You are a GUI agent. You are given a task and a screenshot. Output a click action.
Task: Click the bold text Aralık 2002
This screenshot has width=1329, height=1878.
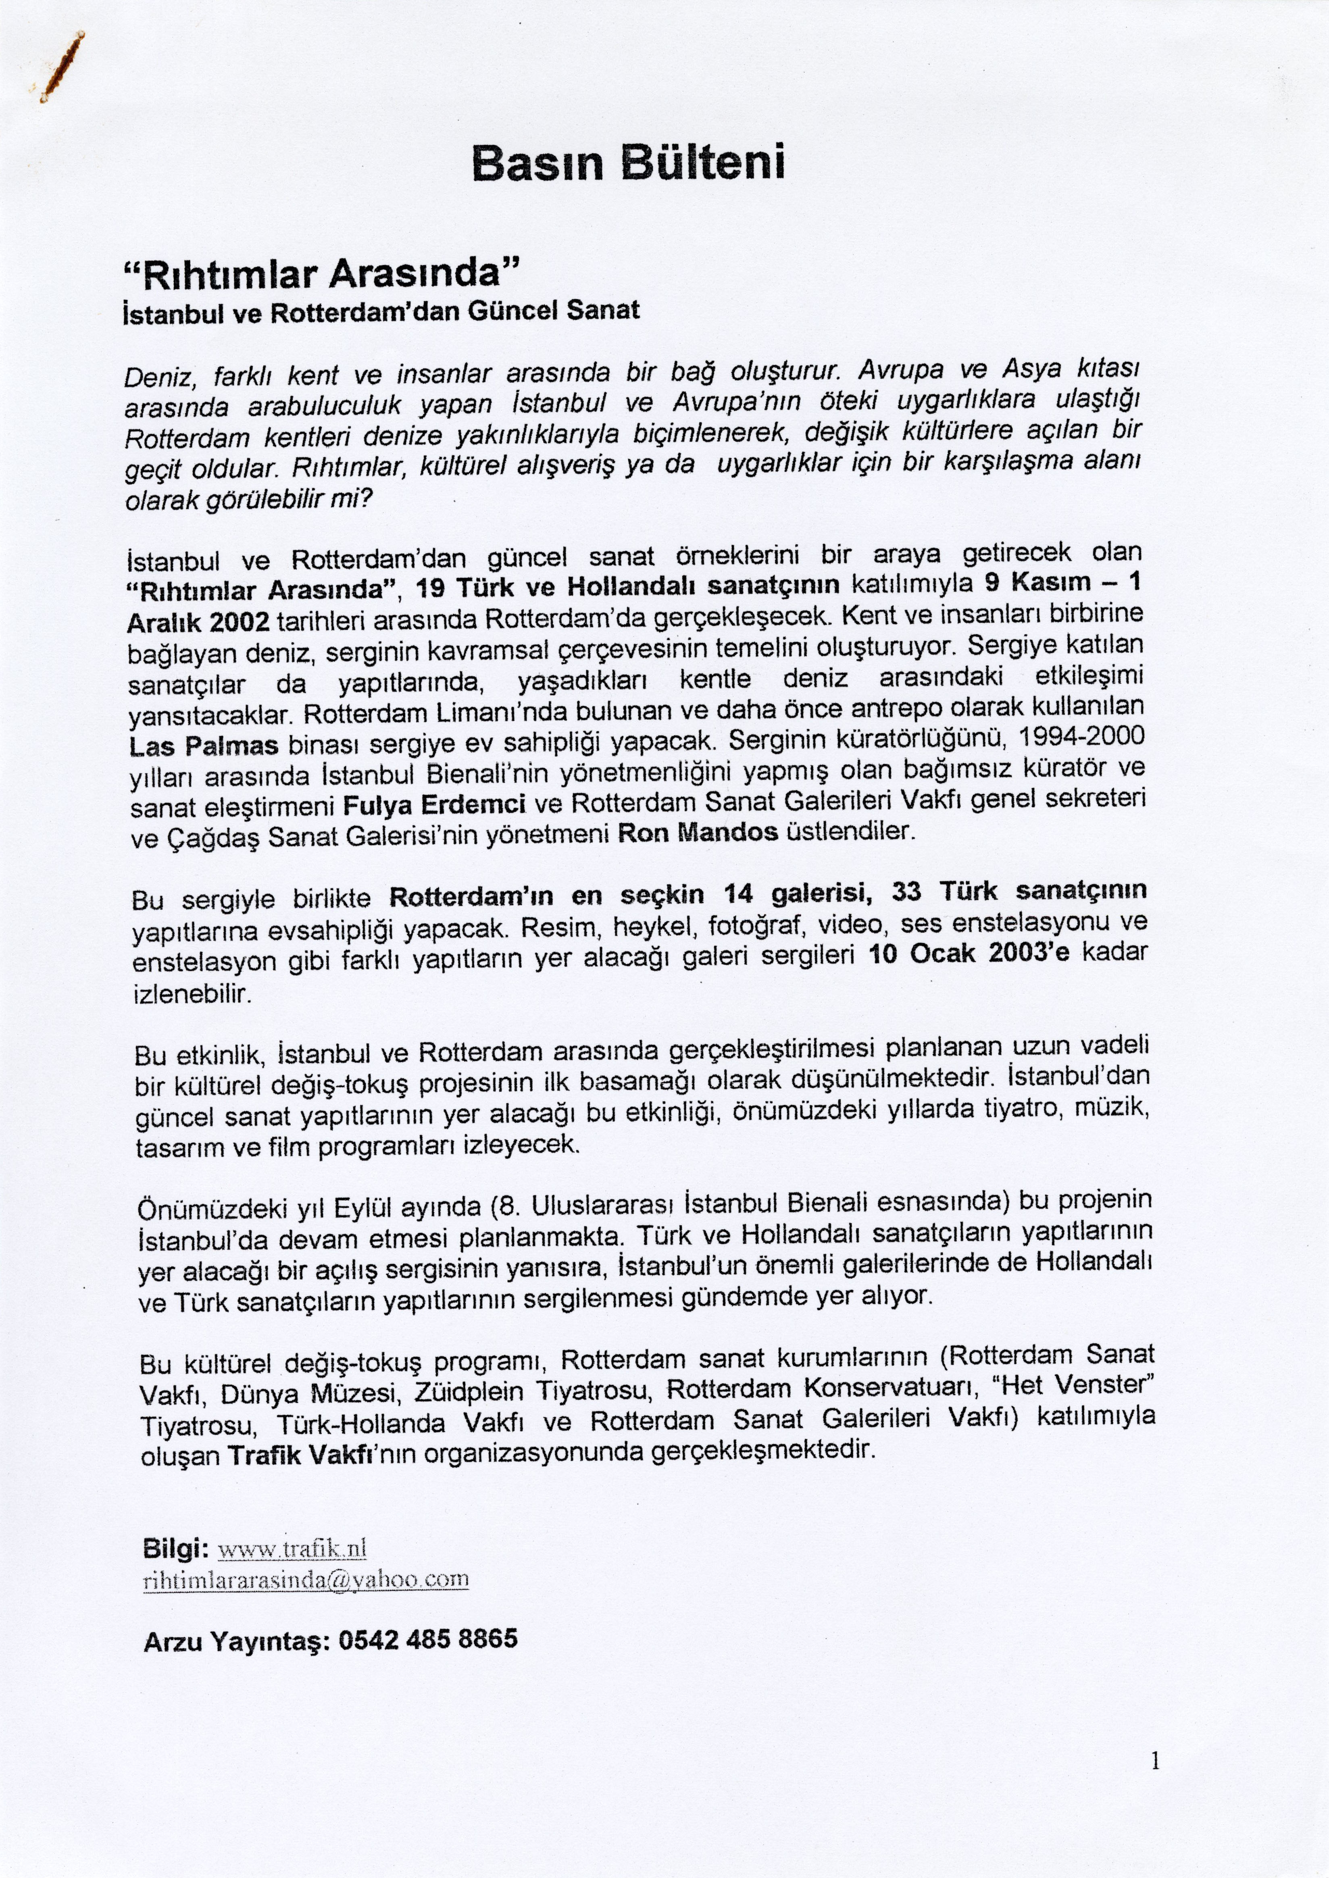coord(199,622)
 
